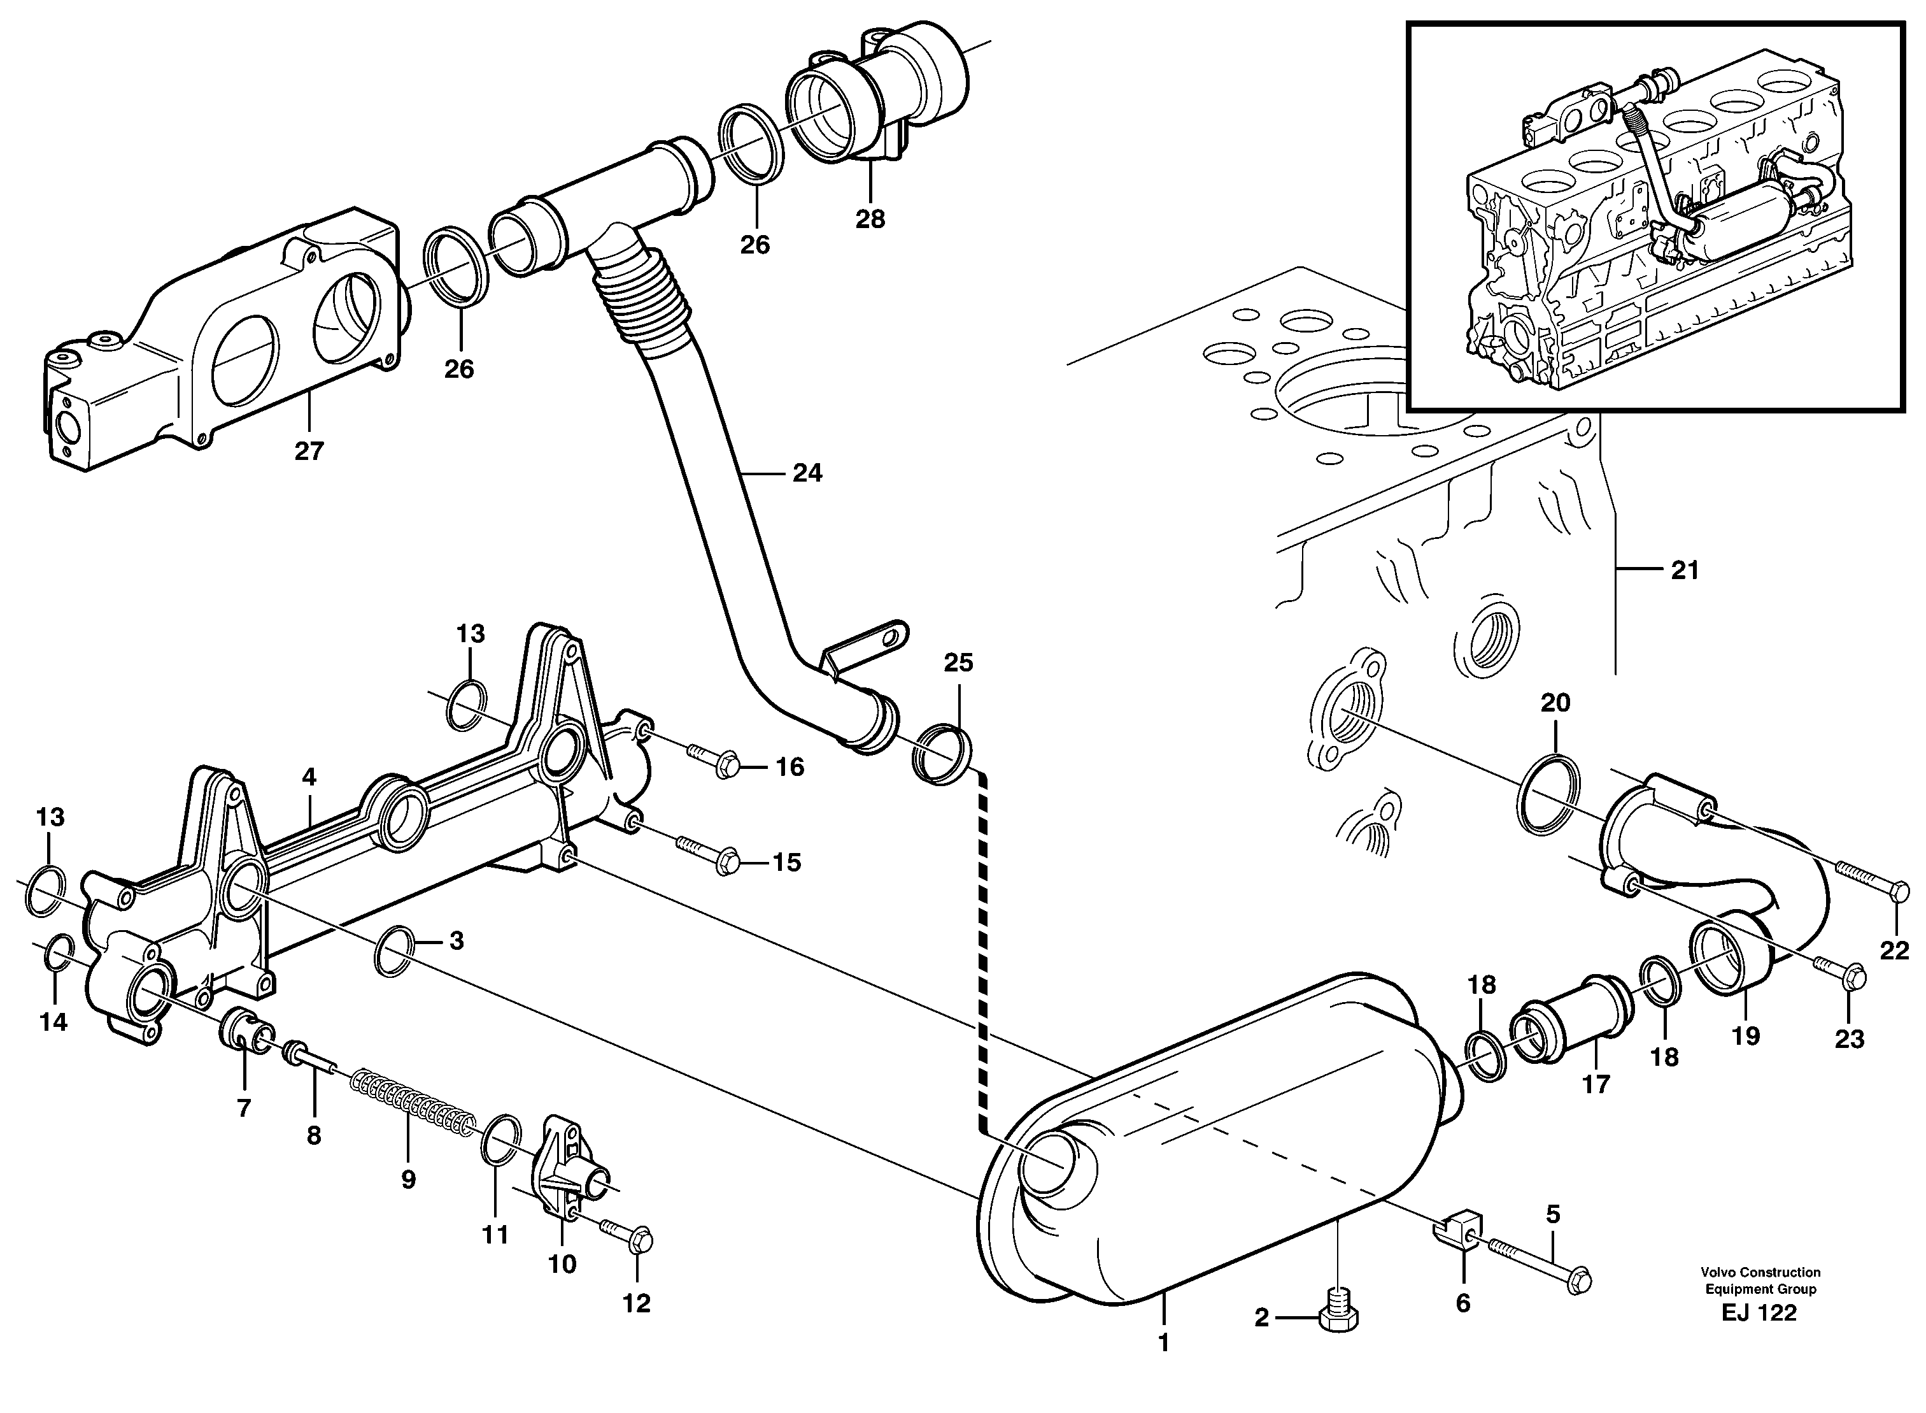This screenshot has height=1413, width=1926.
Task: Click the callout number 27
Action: (x=309, y=452)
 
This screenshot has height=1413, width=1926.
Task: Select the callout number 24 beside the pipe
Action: (x=806, y=472)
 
